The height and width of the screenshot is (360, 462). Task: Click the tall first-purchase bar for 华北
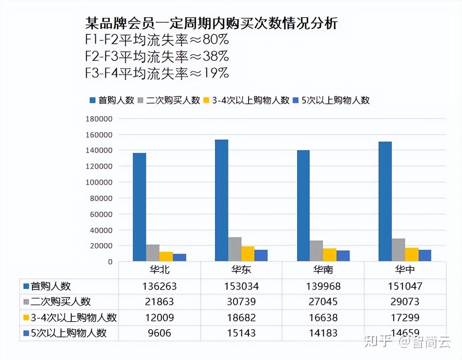coord(139,207)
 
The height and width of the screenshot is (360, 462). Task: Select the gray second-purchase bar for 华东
coord(235,249)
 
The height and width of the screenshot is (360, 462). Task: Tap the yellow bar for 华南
coord(329,255)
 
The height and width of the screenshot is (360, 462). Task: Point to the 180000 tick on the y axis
coord(99,119)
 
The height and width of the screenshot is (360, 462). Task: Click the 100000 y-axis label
coord(99,182)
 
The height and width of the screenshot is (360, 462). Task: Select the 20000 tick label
coord(101,246)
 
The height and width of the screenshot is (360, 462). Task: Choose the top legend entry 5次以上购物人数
coord(335,100)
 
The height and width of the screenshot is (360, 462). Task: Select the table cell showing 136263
coord(159,286)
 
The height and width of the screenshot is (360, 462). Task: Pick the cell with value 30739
coord(241,302)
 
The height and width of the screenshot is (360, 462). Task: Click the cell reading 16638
coord(323,317)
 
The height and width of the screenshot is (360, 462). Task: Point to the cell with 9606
coord(159,333)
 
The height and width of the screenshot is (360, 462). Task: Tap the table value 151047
coord(405,286)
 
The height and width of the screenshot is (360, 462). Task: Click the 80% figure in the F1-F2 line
coord(216,39)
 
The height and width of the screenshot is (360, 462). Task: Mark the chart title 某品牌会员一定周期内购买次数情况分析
coord(211,23)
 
